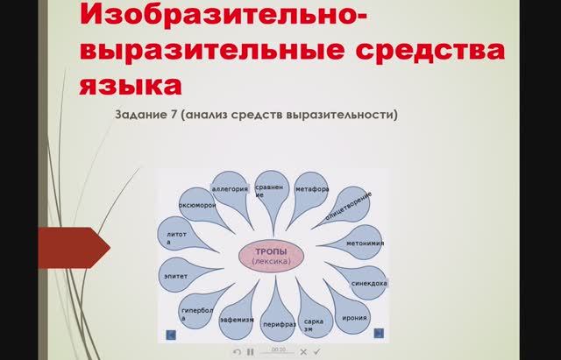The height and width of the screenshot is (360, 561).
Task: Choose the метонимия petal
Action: [x=365, y=243]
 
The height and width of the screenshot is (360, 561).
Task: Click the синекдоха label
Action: [x=367, y=283]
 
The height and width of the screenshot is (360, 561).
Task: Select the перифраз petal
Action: [x=274, y=321]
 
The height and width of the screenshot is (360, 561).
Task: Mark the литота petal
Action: [x=177, y=237]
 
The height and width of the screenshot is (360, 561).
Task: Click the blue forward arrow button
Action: [x=379, y=333]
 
